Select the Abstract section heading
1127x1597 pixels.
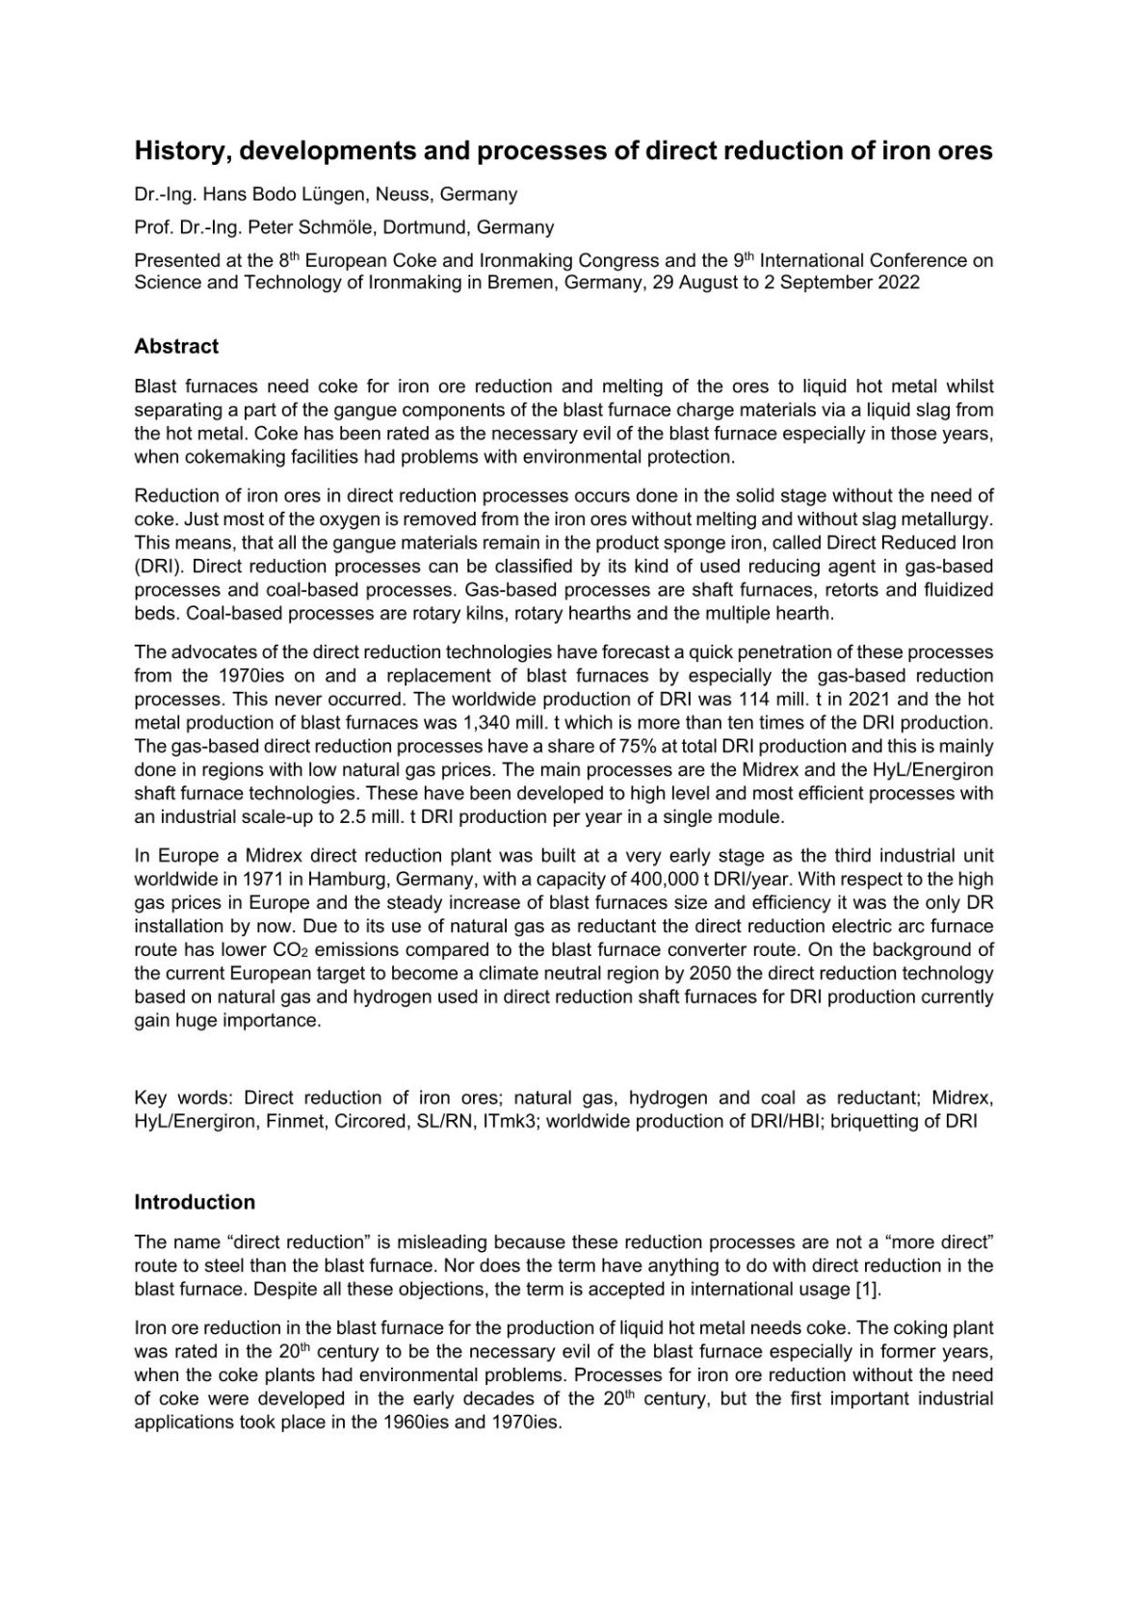[x=176, y=346]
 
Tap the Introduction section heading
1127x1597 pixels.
[x=195, y=1202]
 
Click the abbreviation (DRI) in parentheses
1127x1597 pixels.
[x=154, y=567]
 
